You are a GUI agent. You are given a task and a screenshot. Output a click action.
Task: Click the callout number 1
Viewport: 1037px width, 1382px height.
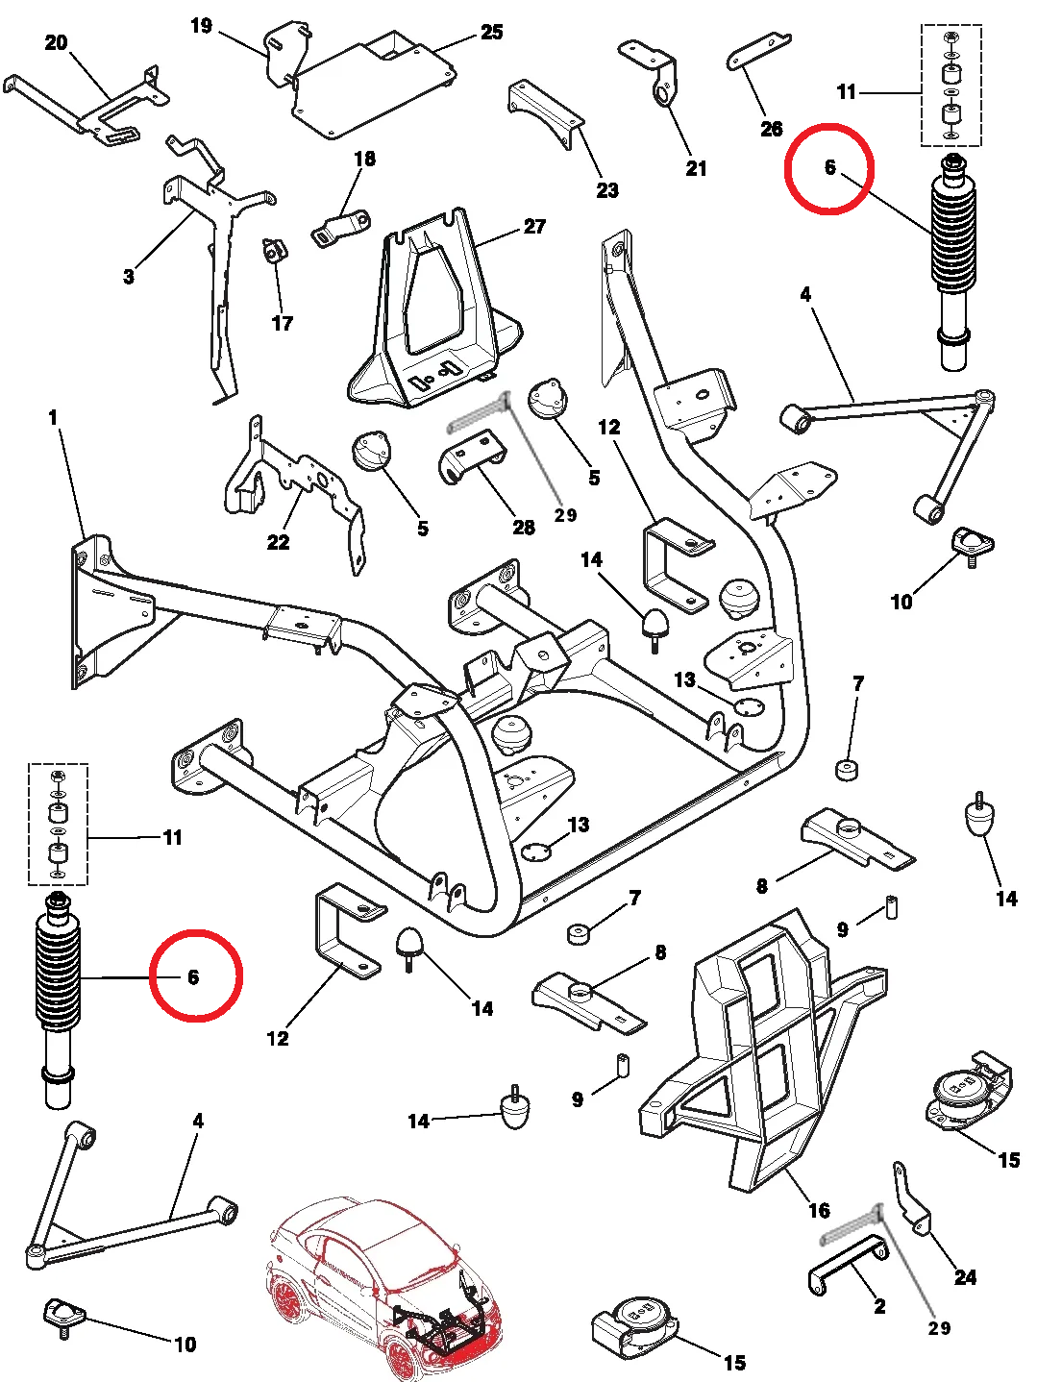(53, 418)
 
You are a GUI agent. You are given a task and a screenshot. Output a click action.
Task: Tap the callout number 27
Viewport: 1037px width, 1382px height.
(534, 227)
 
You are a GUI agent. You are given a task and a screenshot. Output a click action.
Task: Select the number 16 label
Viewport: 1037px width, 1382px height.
(819, 1210)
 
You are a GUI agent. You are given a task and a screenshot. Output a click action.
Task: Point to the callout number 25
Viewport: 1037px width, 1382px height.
(491, 33)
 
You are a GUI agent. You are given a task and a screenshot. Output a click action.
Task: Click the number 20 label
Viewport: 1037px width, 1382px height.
(57, 42)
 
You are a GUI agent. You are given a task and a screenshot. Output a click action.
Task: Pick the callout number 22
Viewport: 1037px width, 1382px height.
(278, 542)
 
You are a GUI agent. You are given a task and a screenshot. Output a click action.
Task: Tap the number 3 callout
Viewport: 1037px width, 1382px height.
(129, 277)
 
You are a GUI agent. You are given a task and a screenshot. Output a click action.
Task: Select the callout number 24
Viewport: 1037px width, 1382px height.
(965, 1277)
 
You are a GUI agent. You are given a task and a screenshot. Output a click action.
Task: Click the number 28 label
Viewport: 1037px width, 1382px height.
(524, 527)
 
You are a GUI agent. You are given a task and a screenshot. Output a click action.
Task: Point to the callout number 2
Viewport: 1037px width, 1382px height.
(879, 1306)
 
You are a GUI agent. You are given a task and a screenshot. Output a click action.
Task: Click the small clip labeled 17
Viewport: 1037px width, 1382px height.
(274, 251)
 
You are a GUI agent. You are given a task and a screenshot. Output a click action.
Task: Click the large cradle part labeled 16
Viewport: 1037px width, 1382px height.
(759, 1048)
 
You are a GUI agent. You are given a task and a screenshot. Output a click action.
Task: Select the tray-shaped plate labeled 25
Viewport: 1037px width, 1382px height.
(375, 82)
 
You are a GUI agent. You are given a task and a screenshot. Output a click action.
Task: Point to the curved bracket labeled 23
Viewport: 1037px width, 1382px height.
(546, 112)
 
